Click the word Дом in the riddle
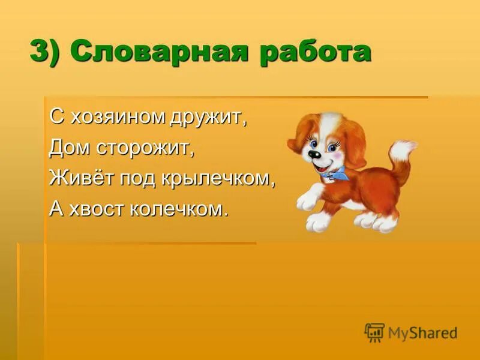coord(65,148)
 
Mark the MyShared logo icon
coord(374,332)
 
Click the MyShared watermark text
coord(422,333)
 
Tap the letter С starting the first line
coord(56,117)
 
